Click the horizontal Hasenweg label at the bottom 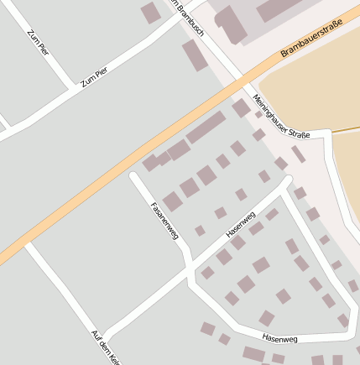click(x=280, y=339)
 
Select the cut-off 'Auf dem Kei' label click(x=107, y=346)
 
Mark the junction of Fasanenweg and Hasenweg click(x=190, y=263)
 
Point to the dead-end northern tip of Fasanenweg click(x=133, y=176)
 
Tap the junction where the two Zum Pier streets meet click(x=74, y=88)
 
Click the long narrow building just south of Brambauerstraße click(x=206, y=128)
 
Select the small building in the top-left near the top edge click(x=150, y=13)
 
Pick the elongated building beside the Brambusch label click(x=195, y=55)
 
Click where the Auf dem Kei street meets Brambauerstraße click(x=29, y=244)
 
